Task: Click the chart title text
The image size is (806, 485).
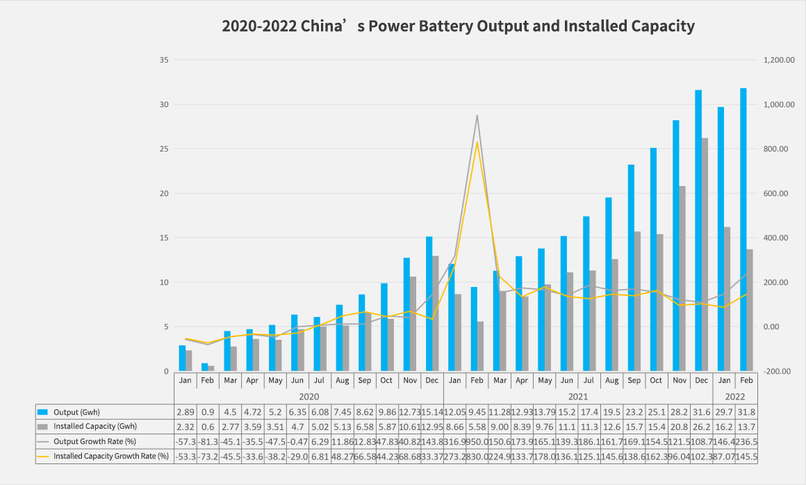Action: (x=458, y=26)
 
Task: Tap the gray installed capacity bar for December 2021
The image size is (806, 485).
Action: (x=705, y=254)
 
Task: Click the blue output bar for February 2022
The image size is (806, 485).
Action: (x=743, y=229)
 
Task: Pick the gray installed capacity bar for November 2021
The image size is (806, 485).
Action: (x=682, y=278)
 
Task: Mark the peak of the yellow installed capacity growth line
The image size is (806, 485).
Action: (x=477, y=142)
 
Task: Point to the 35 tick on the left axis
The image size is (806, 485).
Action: (x=165, y=60)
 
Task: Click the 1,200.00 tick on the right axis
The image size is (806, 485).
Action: (x=778, y=60)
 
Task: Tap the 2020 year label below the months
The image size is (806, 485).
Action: (x=309, y=396)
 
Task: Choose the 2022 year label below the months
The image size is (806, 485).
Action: (x=734, y=396)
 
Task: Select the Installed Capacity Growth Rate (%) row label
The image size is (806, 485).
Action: (x=111, y=456)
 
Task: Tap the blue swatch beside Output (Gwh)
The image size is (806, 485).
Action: (x=43, y=412)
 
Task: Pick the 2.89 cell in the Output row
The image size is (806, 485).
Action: (x=186, y=412)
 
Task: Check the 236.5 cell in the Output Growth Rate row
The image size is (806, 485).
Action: (x=746, y=441)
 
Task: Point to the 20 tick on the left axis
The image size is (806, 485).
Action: (x=165, y=193)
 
